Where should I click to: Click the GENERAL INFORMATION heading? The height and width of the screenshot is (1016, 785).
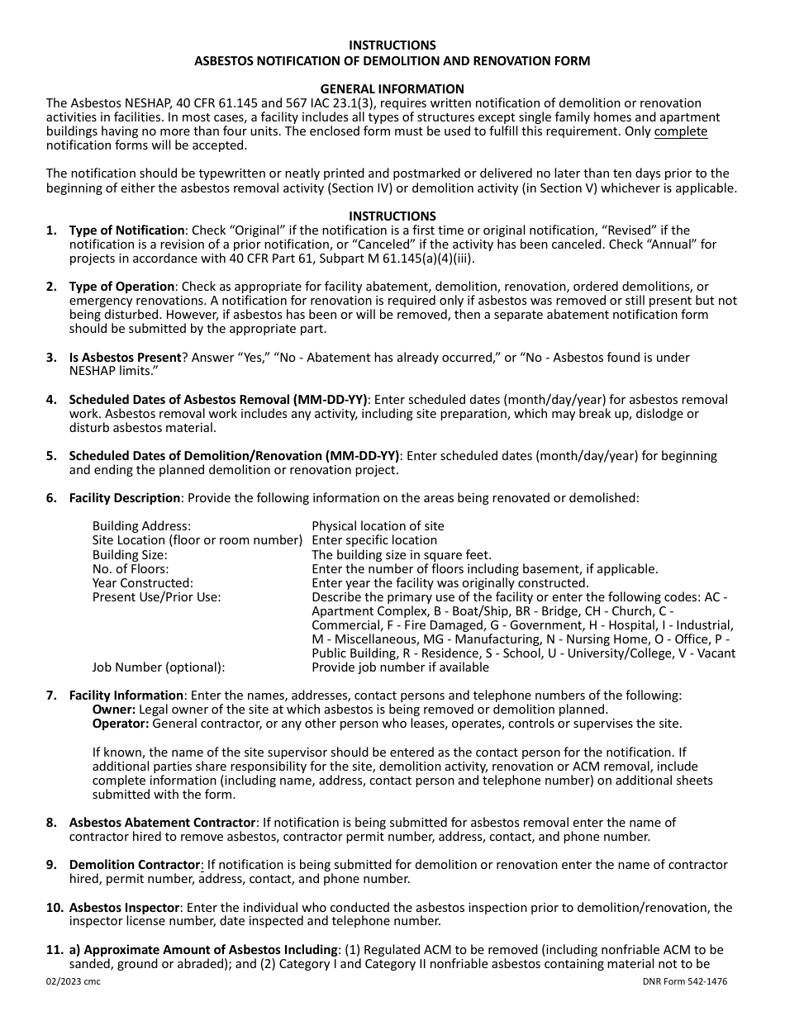point(392,88)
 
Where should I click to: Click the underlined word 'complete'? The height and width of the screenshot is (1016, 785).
point(680,131)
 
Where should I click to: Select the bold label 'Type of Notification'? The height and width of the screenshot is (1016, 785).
point(126,230)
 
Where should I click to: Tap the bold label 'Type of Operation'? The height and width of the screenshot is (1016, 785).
point(121,287)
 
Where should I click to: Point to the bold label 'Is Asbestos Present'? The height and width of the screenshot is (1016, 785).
point(125,358)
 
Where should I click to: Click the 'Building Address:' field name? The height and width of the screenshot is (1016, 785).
point(141,526)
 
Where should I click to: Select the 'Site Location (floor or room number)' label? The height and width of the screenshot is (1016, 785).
point(197,540)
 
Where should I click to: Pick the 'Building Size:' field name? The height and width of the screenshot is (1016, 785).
point(130,555)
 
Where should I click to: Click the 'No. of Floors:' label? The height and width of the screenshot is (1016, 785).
point(131,569)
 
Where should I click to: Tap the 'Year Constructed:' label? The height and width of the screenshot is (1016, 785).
point(142,583)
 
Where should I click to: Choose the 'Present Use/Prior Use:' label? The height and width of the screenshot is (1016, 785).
point(156,597)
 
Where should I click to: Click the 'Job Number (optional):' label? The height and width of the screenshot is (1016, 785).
point(158,667)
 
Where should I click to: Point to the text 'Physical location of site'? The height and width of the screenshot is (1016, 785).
point(378,526)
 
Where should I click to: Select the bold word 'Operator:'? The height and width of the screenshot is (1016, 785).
point(121,724)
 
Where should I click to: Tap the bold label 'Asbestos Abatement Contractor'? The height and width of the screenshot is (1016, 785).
point(162,823)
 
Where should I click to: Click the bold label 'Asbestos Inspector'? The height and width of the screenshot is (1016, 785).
point(124,908)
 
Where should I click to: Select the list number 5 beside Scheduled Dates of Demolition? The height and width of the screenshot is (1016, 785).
point(51,456)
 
